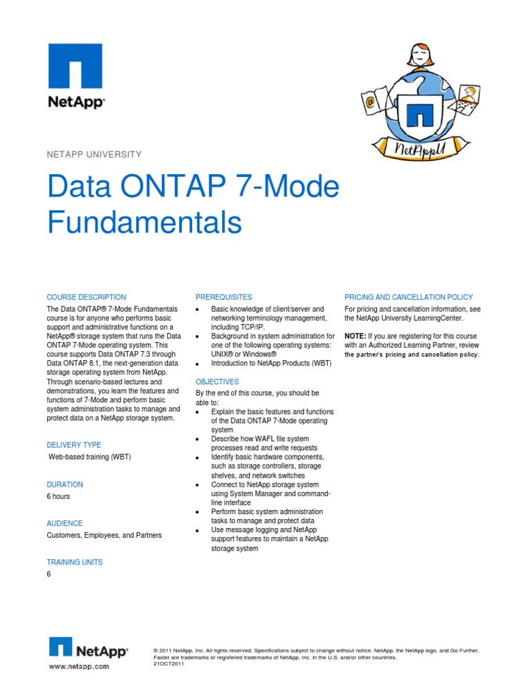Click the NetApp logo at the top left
point(75,74)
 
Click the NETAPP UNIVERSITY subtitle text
point(94,155)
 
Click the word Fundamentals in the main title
point(145,223)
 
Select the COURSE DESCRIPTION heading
point(86,297)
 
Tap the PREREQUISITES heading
point(224,297)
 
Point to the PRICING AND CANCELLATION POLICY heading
point(409,297)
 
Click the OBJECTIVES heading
point(217,382)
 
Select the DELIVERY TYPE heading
point(74,445)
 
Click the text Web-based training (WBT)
point(90,458)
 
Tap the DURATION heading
point(65,484)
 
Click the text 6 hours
point(58,496)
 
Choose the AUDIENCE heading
point(64,523)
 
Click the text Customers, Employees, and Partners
point(104,536)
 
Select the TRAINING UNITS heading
point(75,562)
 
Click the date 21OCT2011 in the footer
point(168,664)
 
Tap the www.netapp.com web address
point(79,667)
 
